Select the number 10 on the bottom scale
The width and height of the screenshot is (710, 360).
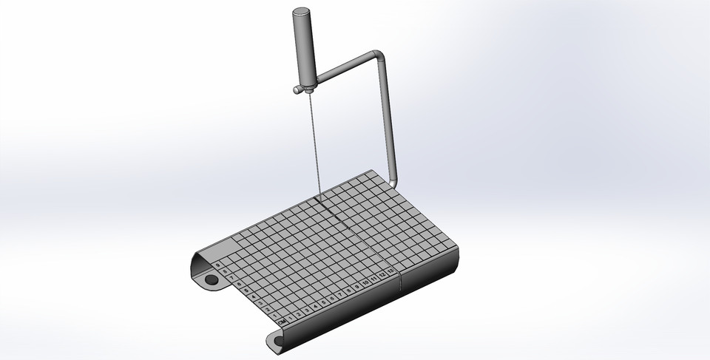pos(366,283)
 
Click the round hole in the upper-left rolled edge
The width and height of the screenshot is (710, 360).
pos(212,280)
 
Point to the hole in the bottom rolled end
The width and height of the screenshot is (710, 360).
pos(280,342)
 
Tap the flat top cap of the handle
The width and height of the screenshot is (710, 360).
pos(302,13)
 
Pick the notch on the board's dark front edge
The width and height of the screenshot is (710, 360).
pos(400,280)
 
